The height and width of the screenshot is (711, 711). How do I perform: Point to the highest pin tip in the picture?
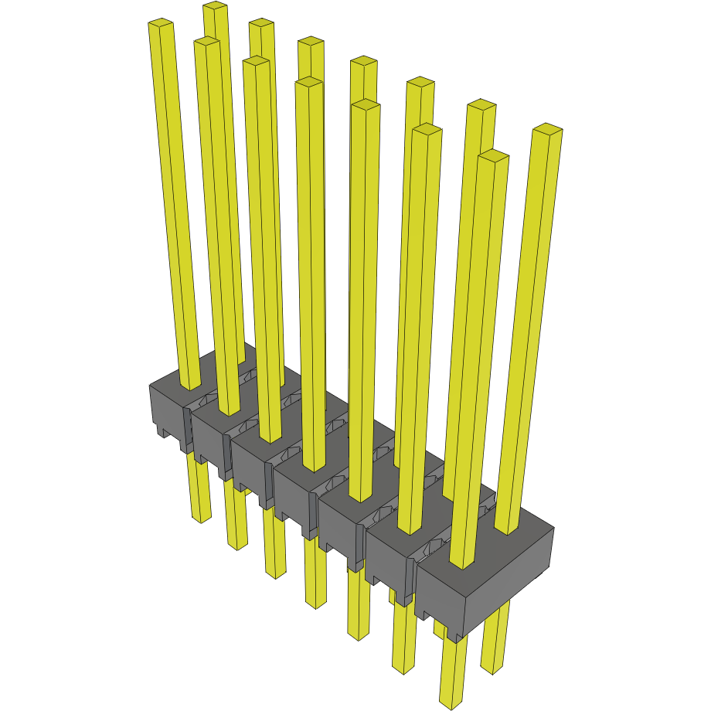click(215, 7)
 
